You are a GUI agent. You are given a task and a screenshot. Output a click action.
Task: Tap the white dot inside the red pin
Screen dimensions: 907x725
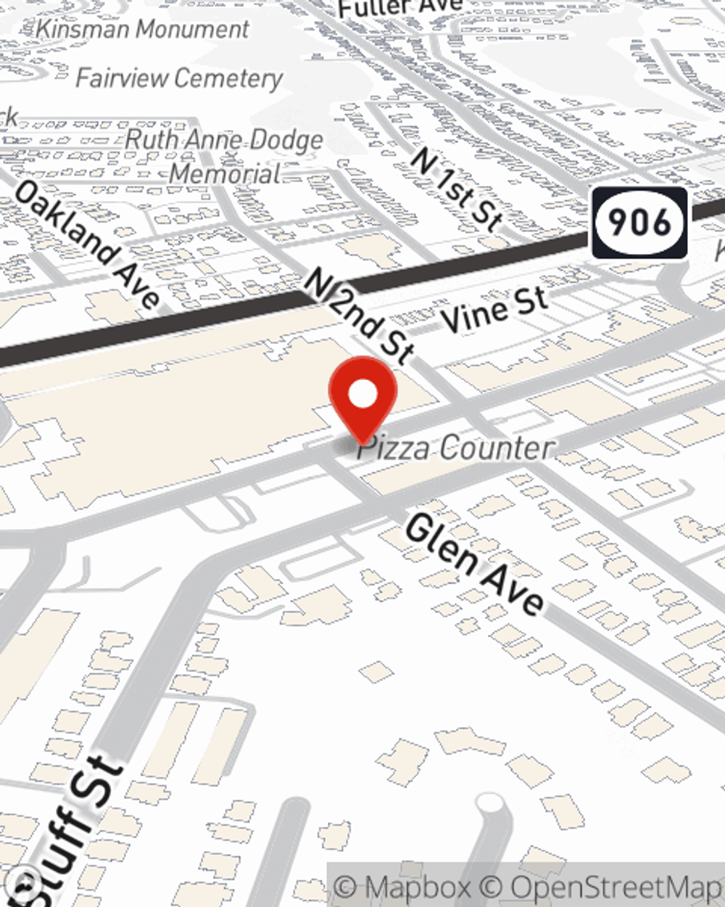(x=363, y=395)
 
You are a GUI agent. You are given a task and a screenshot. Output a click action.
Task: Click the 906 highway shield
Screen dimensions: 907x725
(x=639, y=223)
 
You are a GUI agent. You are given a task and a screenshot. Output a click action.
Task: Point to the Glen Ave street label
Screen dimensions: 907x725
(x=474, y=564)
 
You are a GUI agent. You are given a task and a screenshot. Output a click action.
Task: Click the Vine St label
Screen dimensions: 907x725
(x=494, y=311)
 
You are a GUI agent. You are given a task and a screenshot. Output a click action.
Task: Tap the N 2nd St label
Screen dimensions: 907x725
(x=359, y=313)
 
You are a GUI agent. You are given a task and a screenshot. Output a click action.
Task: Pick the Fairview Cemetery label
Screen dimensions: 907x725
(x=179, y=78)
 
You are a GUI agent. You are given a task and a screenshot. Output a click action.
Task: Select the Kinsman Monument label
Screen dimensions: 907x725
(x=142, y=29)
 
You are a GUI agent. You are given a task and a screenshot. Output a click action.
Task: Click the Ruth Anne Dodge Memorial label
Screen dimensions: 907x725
(x=224, y=156)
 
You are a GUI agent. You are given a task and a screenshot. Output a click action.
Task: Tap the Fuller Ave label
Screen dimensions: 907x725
(x=399, y=7)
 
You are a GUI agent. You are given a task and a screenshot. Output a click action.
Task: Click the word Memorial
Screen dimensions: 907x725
(x=225, y=173)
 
